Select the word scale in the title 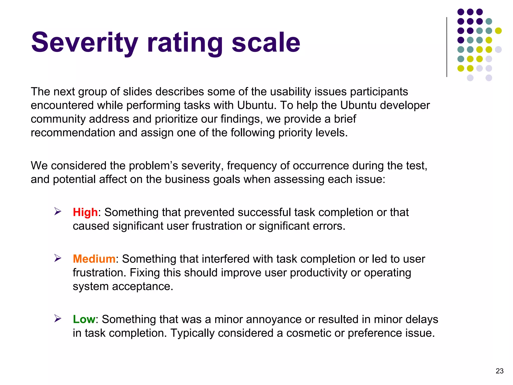(x=266, y=43)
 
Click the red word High (x=85, y=212)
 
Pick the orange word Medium (x=94, y=259)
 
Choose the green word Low (x=84, y=319)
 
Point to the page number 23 (x=499, y=371)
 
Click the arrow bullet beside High (x=58, y=212)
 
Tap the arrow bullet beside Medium (x=58, y=258)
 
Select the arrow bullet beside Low (x=58, y=319)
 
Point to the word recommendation (x=73, y=133)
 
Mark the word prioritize (x=176, y=119)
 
